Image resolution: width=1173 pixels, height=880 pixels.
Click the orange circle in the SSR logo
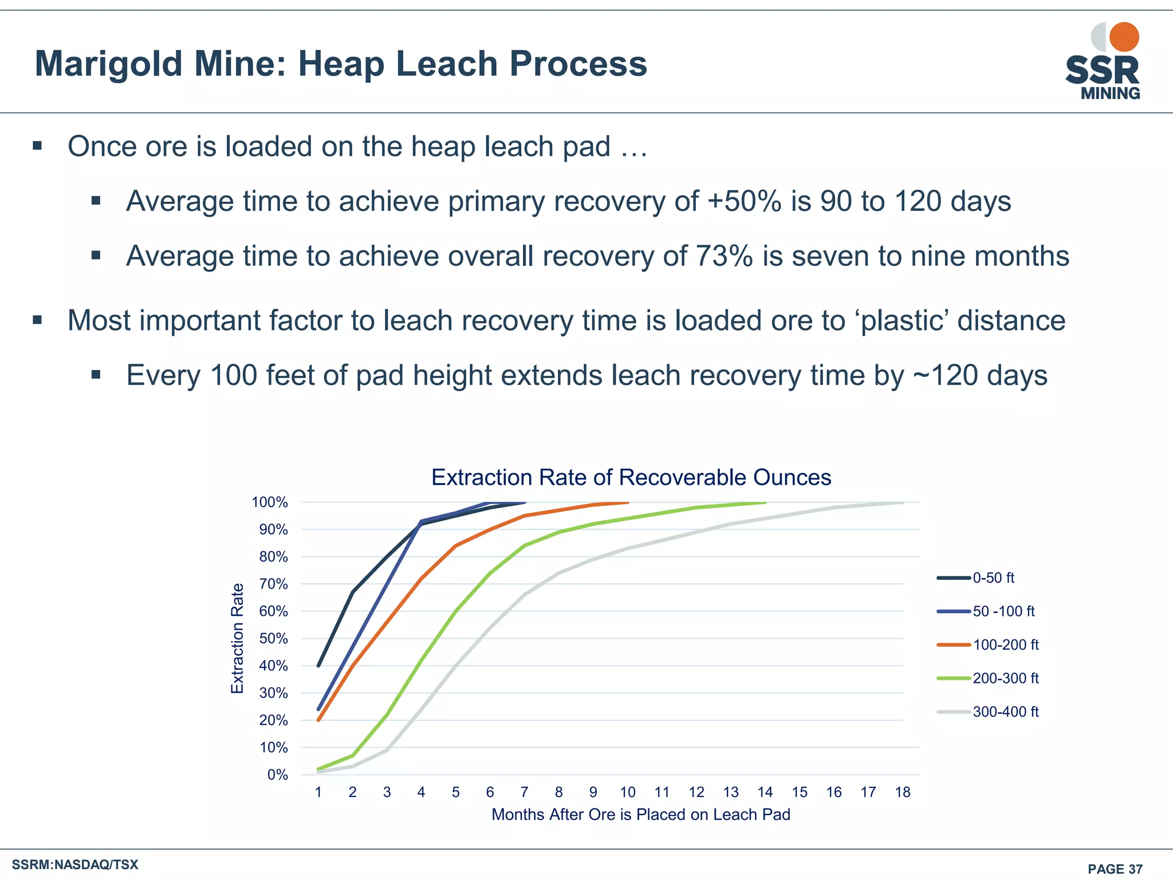pos(1124,37)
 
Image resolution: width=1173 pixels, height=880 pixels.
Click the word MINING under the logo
pos(1110,93)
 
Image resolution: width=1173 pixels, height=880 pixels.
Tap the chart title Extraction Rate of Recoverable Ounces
pos(631,477)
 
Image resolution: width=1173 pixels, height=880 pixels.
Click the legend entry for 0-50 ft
pos(993,578)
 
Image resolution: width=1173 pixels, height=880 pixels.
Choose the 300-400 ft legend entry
pos(1005,712)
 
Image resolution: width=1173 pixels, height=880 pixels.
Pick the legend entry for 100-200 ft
pos(1005,645)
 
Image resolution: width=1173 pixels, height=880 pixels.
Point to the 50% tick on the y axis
pos(274,639)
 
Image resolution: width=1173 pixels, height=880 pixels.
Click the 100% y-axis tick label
pos(270,502)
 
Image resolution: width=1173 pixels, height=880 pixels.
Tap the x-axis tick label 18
pos(903,792)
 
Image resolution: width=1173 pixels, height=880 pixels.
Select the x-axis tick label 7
pos(524,792)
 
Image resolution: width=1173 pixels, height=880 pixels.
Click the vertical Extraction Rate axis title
pos(237,638)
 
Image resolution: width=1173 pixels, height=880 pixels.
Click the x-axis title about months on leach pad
pos(640,815)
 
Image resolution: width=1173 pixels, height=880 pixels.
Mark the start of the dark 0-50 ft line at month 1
pos(318,666)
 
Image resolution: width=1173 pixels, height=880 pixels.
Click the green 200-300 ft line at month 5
pos(456,611)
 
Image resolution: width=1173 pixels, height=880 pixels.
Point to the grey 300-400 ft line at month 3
pos(387,750)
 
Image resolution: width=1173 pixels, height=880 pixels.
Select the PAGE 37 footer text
pos(1115,869)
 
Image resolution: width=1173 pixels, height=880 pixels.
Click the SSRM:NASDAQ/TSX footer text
pos(75,865)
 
